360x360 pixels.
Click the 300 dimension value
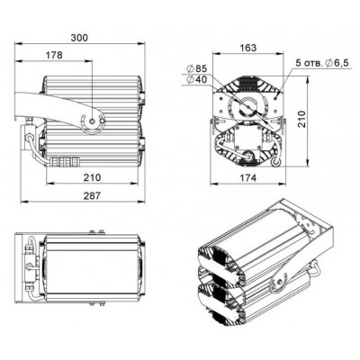(79, 38)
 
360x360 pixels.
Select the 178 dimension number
(54, 55)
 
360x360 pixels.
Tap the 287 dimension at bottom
(92, 195)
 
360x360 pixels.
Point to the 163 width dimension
(248, 48)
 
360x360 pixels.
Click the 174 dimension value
(248, 178)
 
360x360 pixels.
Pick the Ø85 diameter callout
(196, 68)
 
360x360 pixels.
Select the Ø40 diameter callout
(196, 79)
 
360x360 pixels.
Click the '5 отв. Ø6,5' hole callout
(322, 63)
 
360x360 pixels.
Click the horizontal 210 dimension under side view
(92, 177)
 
